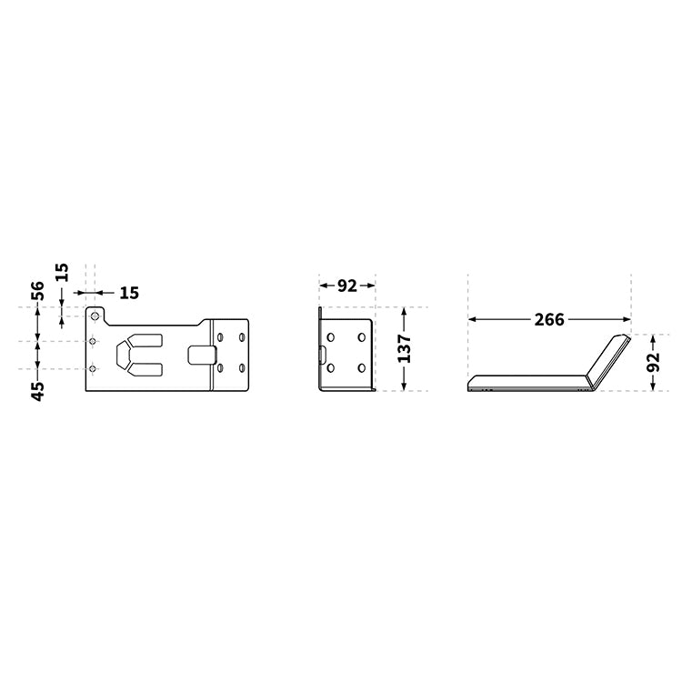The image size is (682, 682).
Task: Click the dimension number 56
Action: tap(37, 291)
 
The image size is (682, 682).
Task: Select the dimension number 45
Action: tap(37, 391)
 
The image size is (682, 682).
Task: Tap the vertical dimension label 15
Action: tap(61, 273)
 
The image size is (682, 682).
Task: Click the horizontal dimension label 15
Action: tap(129, 293)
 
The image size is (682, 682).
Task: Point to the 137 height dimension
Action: tap(406, 349)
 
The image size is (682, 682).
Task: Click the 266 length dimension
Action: tap(548, 319)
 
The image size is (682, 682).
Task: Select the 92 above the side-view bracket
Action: tap(347, 286)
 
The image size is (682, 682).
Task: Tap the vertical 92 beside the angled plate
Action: tap(654, 362)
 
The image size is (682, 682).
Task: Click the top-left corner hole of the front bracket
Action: tap(93, 316)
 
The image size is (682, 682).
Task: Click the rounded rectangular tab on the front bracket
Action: tap(202, 353)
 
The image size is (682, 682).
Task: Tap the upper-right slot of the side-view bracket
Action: tap(362, 337)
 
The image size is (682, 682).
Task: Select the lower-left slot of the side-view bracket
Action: tap(331, 368)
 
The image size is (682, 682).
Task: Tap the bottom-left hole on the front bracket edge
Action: tap(93, 368)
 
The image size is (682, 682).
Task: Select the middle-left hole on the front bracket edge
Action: tap(93, 341)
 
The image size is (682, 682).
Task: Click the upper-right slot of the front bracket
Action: tap(242, 337)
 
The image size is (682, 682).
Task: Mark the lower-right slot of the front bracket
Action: tap(242, 368)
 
